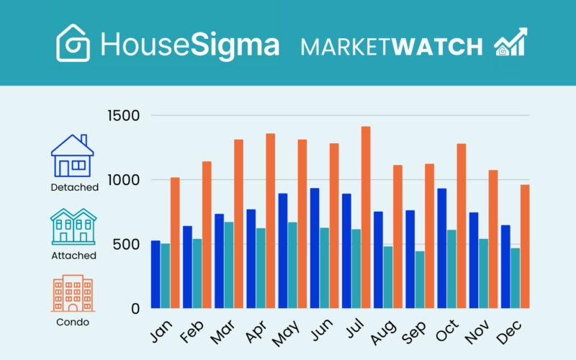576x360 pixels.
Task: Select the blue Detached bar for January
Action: [156, 274]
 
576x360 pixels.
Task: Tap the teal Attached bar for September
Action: [419, 279]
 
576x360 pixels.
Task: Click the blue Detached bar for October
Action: [441, 248]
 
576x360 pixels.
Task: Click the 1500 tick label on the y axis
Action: [124, 116]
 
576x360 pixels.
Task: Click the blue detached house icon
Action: [72, 156]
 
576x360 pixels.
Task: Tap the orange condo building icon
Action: [72, 294]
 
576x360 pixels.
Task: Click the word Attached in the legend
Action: [73, 255]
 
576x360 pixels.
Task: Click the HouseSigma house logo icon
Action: [73, 42]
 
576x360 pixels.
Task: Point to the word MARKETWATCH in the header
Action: [392, 47]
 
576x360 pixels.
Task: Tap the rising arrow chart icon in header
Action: [510, 42]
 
